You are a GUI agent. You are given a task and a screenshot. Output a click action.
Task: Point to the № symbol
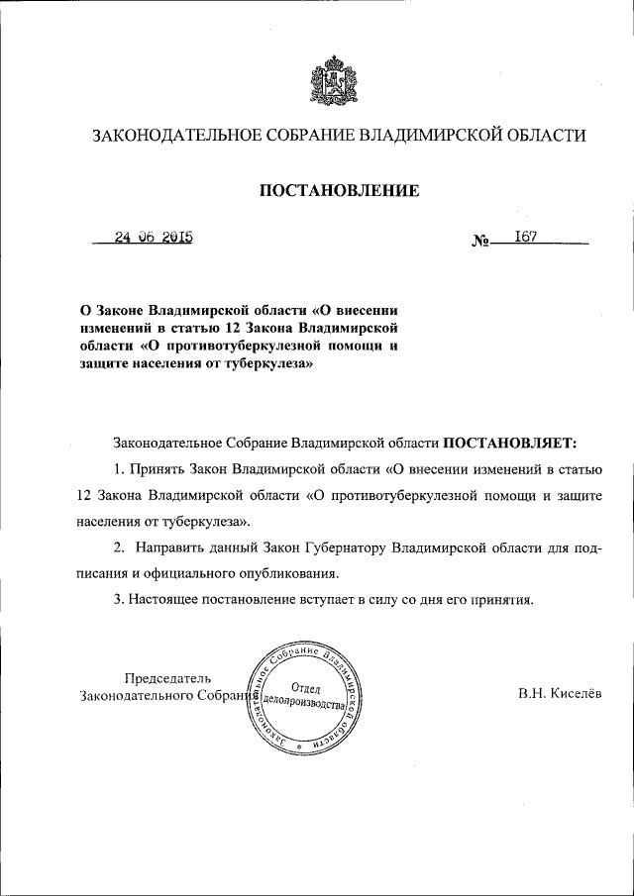(x=482, y=243)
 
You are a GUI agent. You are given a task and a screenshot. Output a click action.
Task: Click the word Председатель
(x=167, y=678)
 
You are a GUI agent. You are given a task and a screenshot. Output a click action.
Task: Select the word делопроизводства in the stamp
(x=303, y=705)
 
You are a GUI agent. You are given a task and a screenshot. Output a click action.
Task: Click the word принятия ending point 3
(x=505, y=599)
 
